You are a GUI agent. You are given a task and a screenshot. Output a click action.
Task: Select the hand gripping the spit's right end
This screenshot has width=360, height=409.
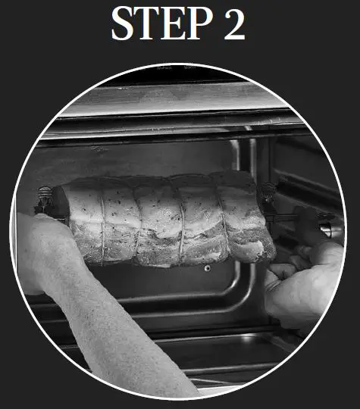(x=303, y=280)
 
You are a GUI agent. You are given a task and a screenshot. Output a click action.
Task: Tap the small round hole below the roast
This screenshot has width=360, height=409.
(x=206, y=268)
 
